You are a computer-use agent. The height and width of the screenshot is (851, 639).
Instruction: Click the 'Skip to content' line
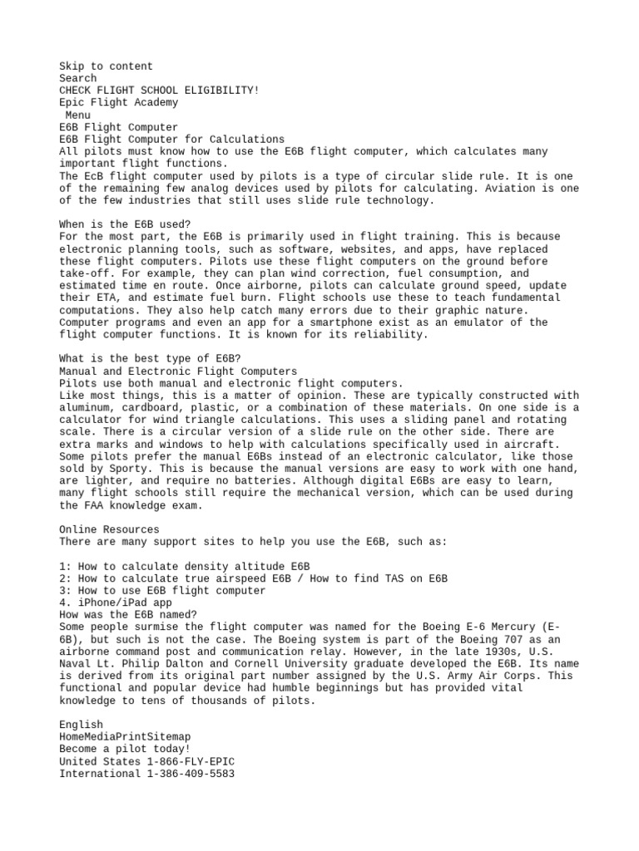(106, 66)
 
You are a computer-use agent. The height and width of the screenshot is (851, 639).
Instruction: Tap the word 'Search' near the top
(77, 78)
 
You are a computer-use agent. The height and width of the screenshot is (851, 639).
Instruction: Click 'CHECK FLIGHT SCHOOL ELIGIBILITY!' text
(159, 91)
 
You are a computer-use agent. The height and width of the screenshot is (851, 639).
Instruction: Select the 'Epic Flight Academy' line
(118, 103)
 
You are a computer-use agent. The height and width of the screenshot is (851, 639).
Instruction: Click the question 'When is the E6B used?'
(125, 224)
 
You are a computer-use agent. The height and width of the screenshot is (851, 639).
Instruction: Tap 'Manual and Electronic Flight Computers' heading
(178, 371)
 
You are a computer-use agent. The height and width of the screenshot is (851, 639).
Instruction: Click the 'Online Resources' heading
(109, 529)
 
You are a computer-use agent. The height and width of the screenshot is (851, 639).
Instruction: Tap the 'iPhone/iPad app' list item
(116, 603)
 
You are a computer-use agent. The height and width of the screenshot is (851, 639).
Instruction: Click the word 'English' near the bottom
(81, 725)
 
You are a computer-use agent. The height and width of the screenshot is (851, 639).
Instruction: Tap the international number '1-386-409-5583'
(193, 774)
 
